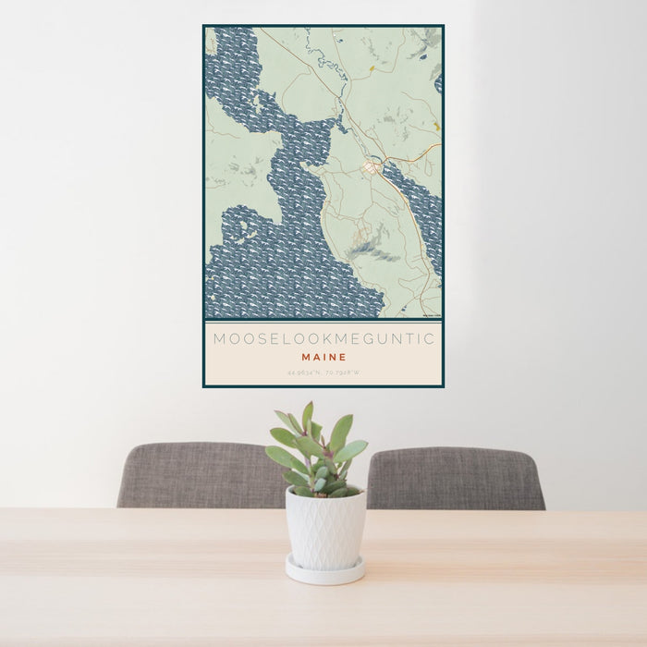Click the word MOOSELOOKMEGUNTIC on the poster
323,339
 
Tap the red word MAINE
323,357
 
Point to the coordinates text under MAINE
323,372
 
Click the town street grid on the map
372,167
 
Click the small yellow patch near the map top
372,67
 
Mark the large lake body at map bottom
287,277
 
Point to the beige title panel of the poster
323,353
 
